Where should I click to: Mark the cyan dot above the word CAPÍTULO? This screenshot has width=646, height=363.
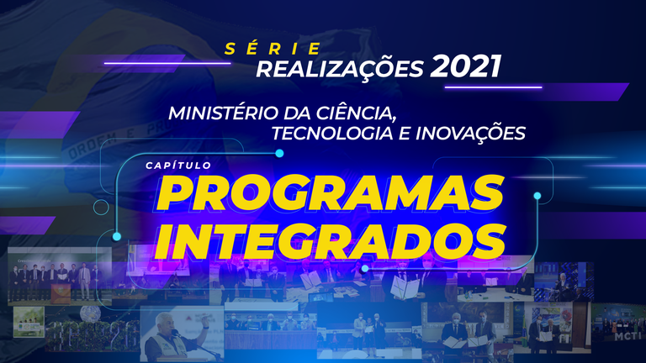[279, 154]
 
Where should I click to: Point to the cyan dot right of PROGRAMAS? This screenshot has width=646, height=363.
[537, 196]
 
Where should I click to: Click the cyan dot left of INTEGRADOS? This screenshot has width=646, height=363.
[117, 236]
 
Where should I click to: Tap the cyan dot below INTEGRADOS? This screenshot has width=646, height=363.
[364, 269]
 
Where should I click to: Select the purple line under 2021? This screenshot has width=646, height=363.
[506, 86]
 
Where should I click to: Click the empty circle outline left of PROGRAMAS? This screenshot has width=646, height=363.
[101, 208]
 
